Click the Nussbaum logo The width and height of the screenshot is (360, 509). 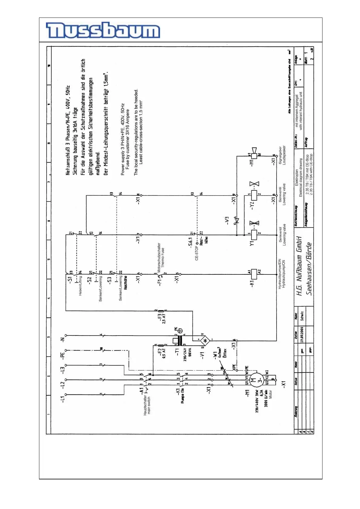[103, 30]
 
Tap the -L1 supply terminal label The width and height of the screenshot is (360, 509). [63, 399]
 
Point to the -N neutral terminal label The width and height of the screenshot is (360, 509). [63, 339]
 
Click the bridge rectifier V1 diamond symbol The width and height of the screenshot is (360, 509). [206, 341]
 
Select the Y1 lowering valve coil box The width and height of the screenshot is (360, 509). [254, 235]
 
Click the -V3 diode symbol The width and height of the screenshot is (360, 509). [237, 221]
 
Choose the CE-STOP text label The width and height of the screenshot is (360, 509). [197, 253]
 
